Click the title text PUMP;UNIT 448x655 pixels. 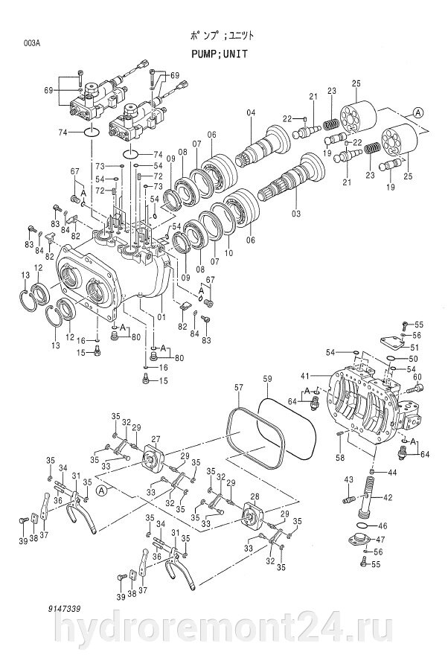click(x=220, y=54)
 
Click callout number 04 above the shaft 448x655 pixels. click(x=251, y=112)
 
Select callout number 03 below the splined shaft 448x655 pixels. click(x=296, y=214)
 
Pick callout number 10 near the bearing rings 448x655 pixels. click(x=228, y=253)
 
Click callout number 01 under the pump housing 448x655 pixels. click(x=161, y=317)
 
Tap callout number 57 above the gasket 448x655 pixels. click(x=238, y=388)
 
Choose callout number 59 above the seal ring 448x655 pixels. click(x=268, y=380)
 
